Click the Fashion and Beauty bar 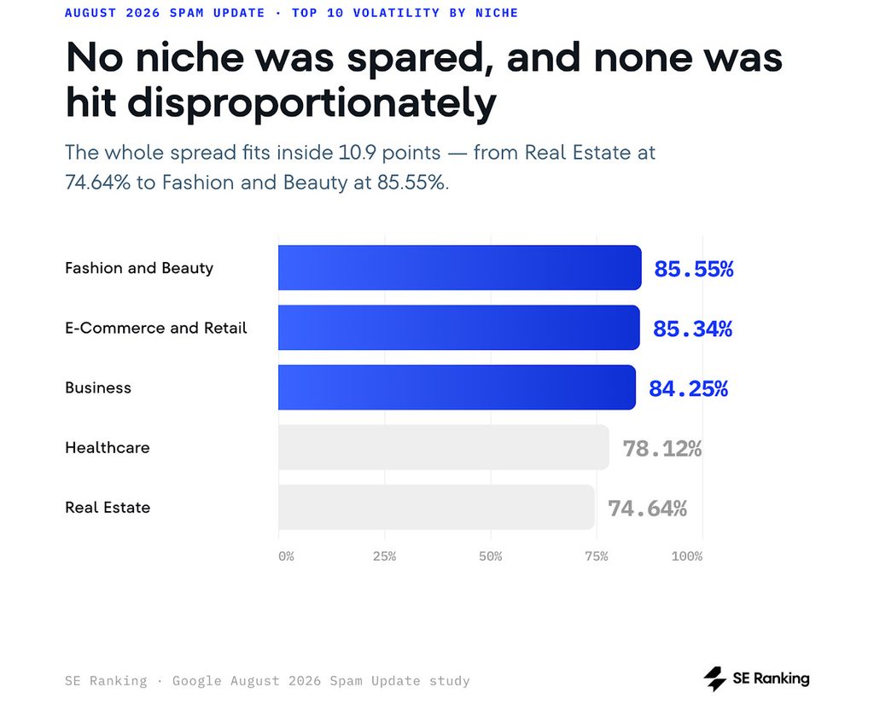point(460,268)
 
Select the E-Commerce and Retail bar point(459,327)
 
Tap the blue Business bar point(457,387)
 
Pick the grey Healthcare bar point(444,447)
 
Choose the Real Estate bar point(436,507)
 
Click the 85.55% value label point(693,269)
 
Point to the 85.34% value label point(692,329)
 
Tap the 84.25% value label point(689,388)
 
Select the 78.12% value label point(662,449)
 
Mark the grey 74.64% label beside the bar point(647,509)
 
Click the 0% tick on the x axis point(286,556)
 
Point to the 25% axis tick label point(385,556)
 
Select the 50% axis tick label point(491,556)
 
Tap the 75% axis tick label point(597,556)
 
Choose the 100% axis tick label point(687,556)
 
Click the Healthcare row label point(108,448)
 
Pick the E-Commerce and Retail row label point(156,328)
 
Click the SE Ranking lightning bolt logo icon point(714,679)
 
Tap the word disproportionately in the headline point(312,104)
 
